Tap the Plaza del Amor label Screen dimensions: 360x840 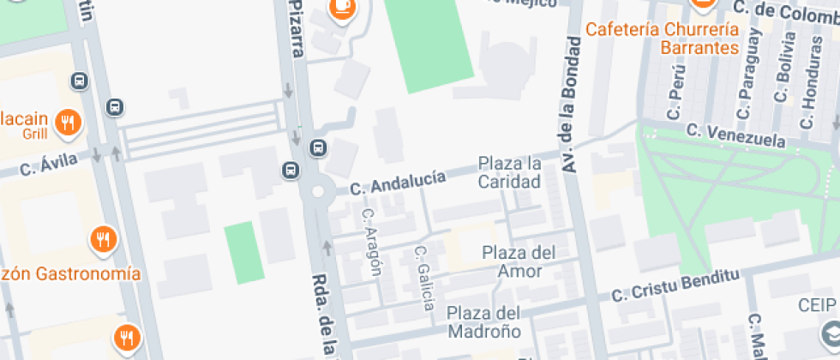click(x=518, y=261)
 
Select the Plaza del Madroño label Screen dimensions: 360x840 click(x=483, y=321)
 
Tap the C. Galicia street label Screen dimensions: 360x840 click(x=423, y=278)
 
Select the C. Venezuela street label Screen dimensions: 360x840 click(x=735, y=135)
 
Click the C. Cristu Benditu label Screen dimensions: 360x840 click(x=675, y=286)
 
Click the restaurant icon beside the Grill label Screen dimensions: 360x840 click(x=67, y=123)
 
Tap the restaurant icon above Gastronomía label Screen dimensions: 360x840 click(x=103, y=239)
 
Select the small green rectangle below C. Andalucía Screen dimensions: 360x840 click(x=244, y=253)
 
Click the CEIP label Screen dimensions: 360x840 click(x=817, y=306)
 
